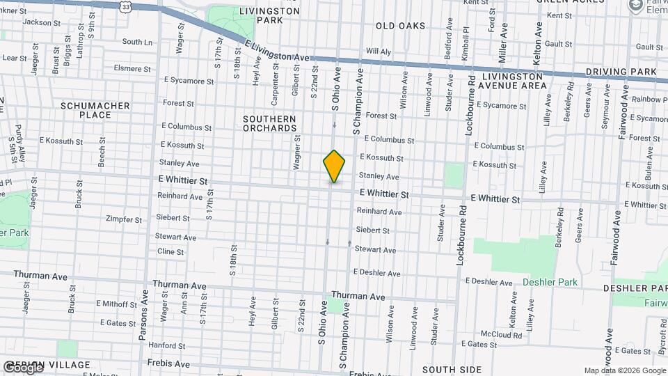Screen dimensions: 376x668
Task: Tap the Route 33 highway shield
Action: pos(125,6)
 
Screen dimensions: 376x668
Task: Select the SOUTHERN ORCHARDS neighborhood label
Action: pos(269,123)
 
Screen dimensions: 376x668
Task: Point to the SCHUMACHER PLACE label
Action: pos(95,110)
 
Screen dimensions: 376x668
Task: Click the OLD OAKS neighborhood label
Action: pos(400,26)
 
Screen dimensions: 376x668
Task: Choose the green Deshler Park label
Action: pos(550,282)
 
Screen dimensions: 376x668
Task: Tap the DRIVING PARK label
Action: pos(621,72)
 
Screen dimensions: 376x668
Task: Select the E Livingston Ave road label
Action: pos(276,51)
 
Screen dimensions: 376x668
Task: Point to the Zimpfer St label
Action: pos(123,219)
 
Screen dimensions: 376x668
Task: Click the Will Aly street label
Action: pos(379,52)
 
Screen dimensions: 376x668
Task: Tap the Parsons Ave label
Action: pos(144,320)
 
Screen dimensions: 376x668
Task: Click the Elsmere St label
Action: pos(132,69)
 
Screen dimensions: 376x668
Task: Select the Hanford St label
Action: pos(166,345)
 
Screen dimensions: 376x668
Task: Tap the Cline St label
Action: pos(170,251)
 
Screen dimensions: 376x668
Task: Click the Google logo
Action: pos(22,367)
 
